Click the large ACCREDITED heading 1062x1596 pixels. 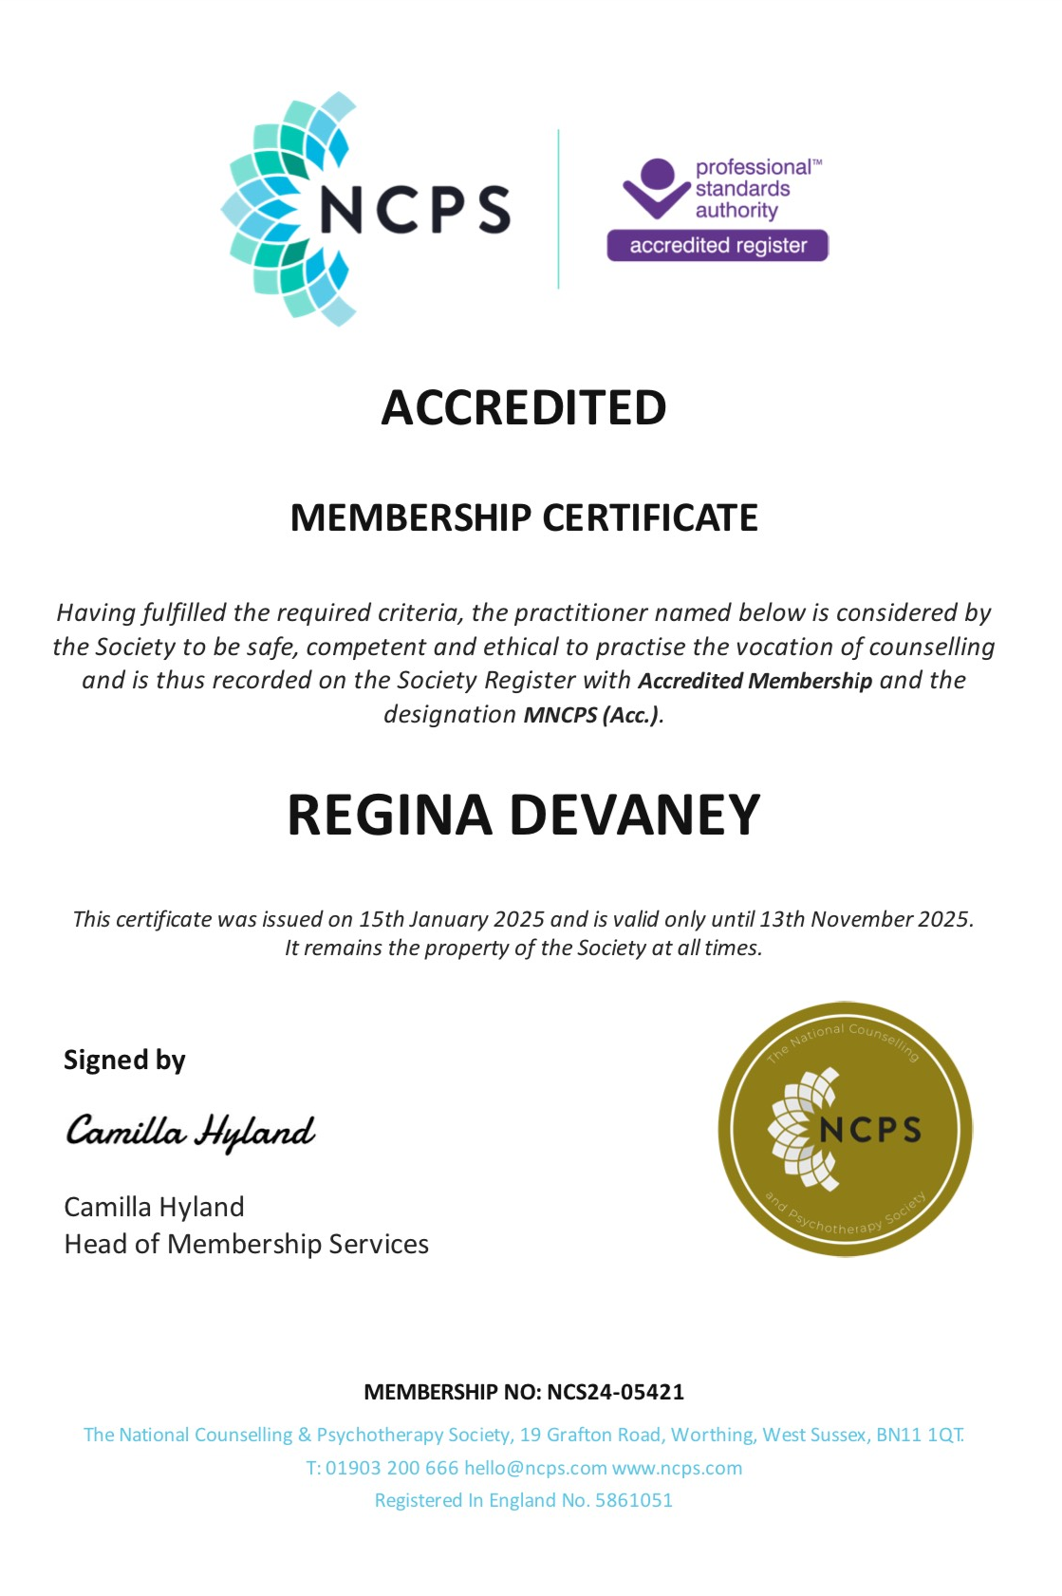[x=523, y=408]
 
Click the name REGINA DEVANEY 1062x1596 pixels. [x=523, y=815]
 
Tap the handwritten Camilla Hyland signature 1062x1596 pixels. [x=190, y=1132]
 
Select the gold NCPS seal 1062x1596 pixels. [x=845, y=1129]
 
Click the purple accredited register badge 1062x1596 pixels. [x=717, y=246]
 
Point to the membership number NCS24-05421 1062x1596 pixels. [x=615, y=1392]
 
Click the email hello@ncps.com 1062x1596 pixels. [x=535, y=1468]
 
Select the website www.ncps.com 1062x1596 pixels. [x=677, y=1468]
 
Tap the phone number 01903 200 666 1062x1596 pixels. [x=392, y=1468]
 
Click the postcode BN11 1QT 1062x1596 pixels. [x=919, y=1435]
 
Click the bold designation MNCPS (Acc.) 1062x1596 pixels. [x=591, y=715]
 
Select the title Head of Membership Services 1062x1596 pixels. [x=247, y=1244]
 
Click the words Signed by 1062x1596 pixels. [x=124, y=1060]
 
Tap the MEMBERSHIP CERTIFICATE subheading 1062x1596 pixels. [x=523, y=518]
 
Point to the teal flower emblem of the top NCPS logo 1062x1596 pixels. [x=275, y=209]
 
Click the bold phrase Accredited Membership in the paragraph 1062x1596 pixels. [x=755, y=681]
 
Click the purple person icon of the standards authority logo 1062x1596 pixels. [x=657, y=187]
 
